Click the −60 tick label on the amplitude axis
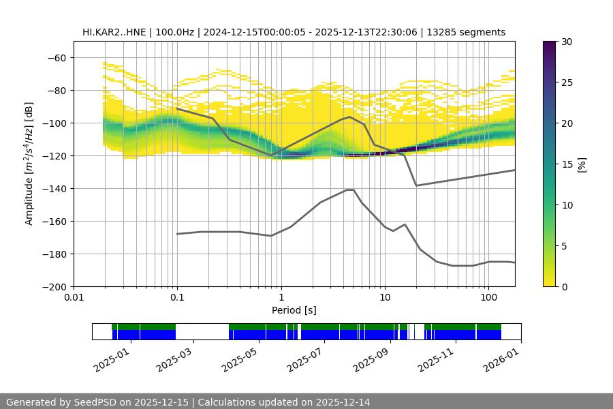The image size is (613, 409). point(56,57)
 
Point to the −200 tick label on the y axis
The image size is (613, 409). point(53,286)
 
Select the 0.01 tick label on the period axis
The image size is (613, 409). point(74,298)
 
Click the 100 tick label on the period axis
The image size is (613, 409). point(488,298)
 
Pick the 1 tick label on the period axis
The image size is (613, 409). point(281,298)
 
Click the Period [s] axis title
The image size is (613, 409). point(294,310)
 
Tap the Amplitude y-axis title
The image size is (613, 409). point(29,164)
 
